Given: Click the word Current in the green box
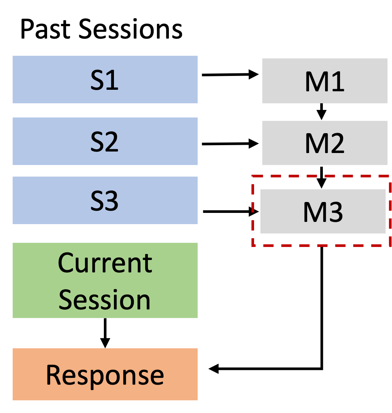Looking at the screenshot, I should [105, 263].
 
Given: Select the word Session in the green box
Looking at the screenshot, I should [105, 300].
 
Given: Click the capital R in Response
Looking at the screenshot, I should [53, 375].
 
